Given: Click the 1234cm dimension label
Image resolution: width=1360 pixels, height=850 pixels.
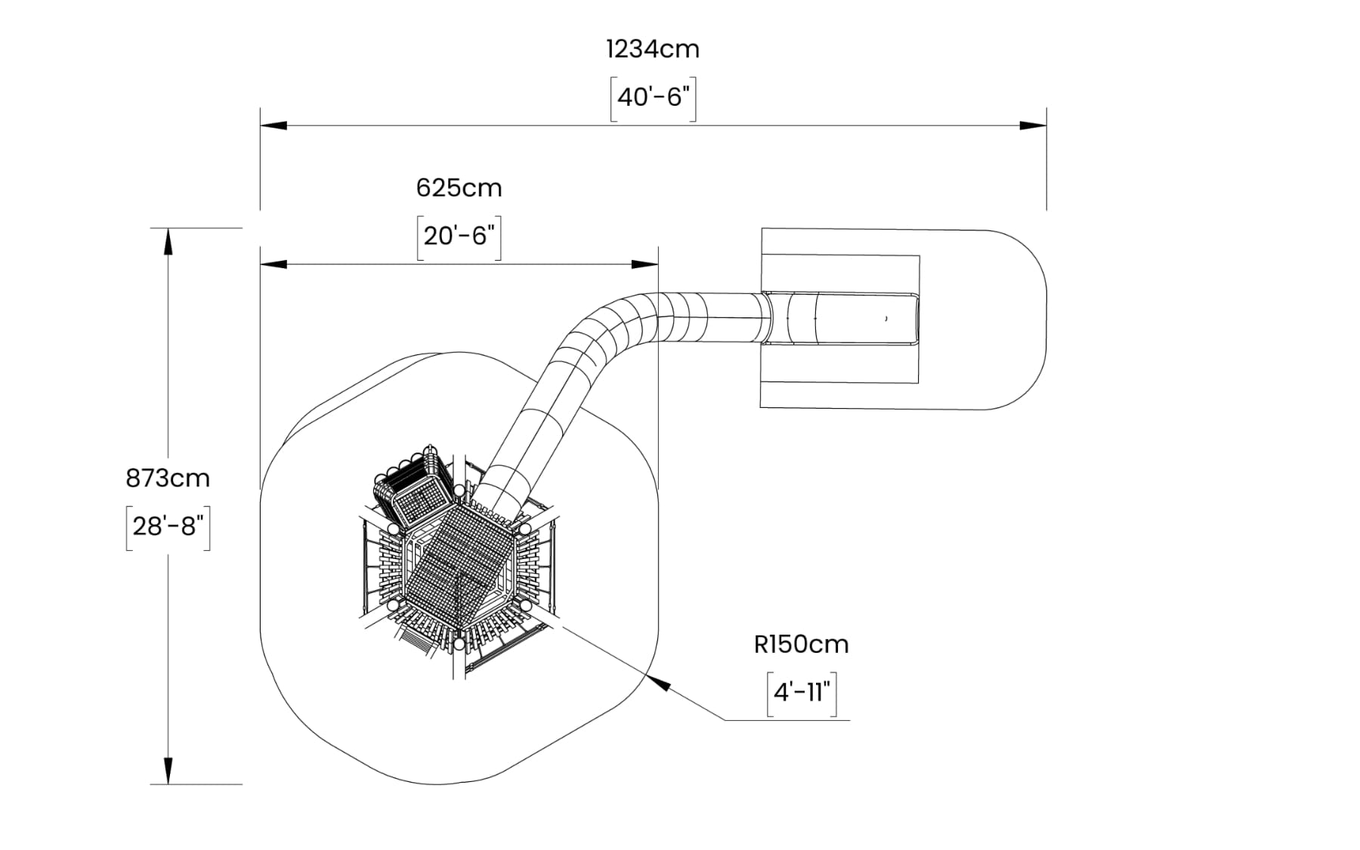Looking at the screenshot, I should click(653, 50).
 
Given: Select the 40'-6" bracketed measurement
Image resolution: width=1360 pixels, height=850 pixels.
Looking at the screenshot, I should click(654, 97).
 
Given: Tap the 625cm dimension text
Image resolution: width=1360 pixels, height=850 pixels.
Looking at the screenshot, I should click(459, 188).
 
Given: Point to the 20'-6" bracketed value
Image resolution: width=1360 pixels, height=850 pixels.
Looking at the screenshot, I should click(459, 236).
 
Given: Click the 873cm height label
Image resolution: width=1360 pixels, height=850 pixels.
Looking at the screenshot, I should click(168, 478).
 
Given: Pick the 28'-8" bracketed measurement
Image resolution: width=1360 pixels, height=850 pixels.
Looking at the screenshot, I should click(168, 526).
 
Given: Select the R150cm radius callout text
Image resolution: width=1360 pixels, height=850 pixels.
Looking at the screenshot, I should click(801, 644).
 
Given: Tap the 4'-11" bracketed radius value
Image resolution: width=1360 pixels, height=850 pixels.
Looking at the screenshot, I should click(802, 692).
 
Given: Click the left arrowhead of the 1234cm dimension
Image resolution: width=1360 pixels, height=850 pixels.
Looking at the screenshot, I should click(274, 125).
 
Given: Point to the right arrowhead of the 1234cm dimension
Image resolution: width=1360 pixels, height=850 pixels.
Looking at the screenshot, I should click(1033, 125).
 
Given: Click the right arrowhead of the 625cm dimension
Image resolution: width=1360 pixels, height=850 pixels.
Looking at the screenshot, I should click(645, 264).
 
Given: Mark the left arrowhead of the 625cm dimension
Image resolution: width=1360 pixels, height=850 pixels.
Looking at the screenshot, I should click(274, 264).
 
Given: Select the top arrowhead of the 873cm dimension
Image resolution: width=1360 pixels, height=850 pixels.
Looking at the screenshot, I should click(168, 242).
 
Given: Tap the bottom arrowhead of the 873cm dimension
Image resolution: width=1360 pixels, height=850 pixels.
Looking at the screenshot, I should click(168, 771).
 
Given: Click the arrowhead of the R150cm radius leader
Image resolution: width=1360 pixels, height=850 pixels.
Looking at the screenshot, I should click(660, 682).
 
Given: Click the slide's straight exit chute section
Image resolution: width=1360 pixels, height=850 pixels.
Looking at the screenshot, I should click(846, 318).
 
